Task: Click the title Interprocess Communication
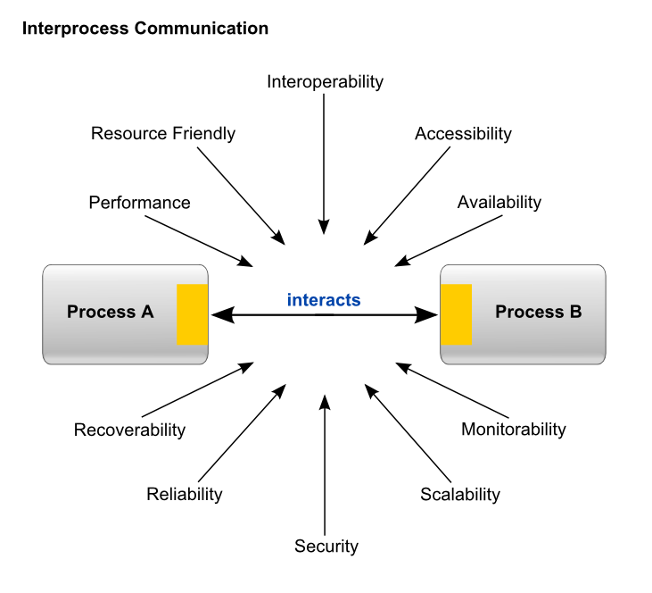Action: tap(144, 29)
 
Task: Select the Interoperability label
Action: tap(325, 82)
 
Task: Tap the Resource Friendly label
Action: tap(163, 134)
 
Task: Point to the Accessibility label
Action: tap(463, 134)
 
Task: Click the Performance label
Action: tap(139, 203)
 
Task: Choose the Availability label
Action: tap(499, 203)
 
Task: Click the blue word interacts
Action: tap(324, 300)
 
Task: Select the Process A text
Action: tap(110, 313)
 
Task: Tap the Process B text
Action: tap(538, 313)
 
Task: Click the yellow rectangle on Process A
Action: tap(193, 314)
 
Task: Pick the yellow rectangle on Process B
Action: tap(457, 314)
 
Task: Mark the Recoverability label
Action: tap(129, 430)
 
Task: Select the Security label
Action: tap(326, 547)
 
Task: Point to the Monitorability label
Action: tap(513, 430)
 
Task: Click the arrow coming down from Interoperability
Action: tap(325, 161)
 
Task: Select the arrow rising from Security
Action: tap(326, 464)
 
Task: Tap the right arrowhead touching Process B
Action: tap(429, 314)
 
